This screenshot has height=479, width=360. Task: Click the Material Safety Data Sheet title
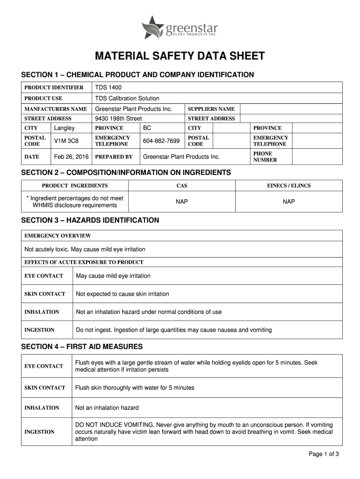pos(180,57)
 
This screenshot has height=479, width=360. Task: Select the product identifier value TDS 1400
pos(108,87)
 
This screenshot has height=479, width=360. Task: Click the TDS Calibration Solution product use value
pos(127,98)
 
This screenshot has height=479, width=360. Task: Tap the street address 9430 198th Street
pos(118,118)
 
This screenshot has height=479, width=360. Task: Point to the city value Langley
pos(65,128)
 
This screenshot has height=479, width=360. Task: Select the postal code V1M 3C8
pos(65,141)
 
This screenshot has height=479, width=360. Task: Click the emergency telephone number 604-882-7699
pos(161,141)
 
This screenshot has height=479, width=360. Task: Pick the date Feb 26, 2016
pos(70,157)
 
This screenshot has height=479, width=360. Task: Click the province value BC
pos(147,128)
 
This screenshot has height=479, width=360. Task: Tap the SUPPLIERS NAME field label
pos(211,109)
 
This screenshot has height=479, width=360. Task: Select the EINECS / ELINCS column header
pos(288,186)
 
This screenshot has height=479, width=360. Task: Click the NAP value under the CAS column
pos(182,202)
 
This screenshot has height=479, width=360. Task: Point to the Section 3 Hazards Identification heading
pos(90,220)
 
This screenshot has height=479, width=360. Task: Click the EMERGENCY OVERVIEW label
pos(58,236)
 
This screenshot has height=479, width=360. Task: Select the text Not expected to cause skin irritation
pos(122,294)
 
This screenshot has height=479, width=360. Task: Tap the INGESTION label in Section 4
pos(39,432)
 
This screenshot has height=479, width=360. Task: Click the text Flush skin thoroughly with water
pos(135,387)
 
